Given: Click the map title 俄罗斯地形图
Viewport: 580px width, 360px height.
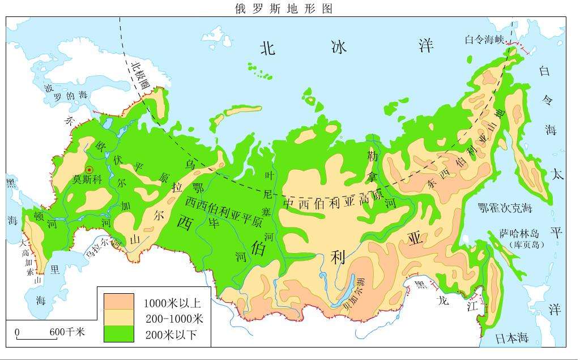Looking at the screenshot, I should (x=283, y=8).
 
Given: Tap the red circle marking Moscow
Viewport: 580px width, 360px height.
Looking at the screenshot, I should (x=89, y=169).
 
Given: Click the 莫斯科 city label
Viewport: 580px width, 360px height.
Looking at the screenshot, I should (x=87, y=179).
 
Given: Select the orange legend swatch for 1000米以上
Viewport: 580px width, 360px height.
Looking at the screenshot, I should (x=119, y=301).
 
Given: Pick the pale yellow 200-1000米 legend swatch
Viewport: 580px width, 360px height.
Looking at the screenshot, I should (x=119, y=318).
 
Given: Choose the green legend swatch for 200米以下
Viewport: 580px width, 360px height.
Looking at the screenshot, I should (x=119, y=334).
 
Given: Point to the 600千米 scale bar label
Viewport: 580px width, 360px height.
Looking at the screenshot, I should (x=67, y=332).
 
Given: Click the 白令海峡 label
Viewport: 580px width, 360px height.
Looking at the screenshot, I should (x=484, y=39).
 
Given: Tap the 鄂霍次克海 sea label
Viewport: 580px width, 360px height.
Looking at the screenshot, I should (x=505, y=208).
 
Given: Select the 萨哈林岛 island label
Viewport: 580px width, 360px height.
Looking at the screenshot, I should (x=518, y=234).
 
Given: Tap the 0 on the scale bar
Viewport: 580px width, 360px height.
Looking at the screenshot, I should (x=17, y=332).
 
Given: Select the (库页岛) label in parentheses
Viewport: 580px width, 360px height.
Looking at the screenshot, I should (x=526, y=245).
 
